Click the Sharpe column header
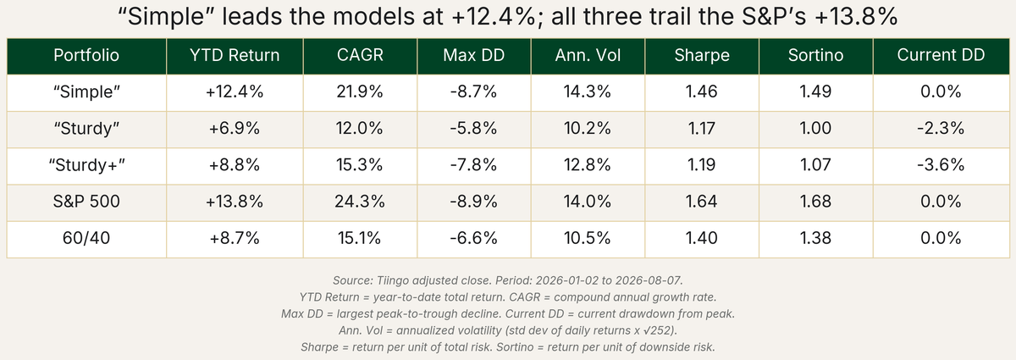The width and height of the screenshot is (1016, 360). [x=702, y=55]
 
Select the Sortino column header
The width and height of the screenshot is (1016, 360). [x=815, y=55]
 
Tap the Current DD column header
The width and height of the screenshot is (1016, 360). [x=941, y=55]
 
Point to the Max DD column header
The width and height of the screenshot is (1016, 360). [x=473, y=55]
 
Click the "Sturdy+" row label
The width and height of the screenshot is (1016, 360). [x=86, y=165]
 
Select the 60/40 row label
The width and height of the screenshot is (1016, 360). [x=86, y=238]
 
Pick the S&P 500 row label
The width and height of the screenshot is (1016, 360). [x=86, y=201]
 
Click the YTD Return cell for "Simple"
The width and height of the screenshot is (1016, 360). [x=235, y=91]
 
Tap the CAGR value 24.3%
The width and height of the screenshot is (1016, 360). [x=360, y=201]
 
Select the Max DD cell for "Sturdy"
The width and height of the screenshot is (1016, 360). [x=473, y=129]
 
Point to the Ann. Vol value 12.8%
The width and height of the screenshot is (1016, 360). [x=588, y=165]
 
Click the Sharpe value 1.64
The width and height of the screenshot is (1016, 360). [x=702, y=201]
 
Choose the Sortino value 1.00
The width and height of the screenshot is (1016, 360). [x=815, y=129]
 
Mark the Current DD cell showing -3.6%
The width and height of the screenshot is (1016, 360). [x=941, y=165]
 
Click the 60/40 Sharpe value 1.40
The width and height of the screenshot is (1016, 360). [x=702, y=238]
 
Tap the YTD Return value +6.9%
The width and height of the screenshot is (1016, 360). [x=235, y=129]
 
